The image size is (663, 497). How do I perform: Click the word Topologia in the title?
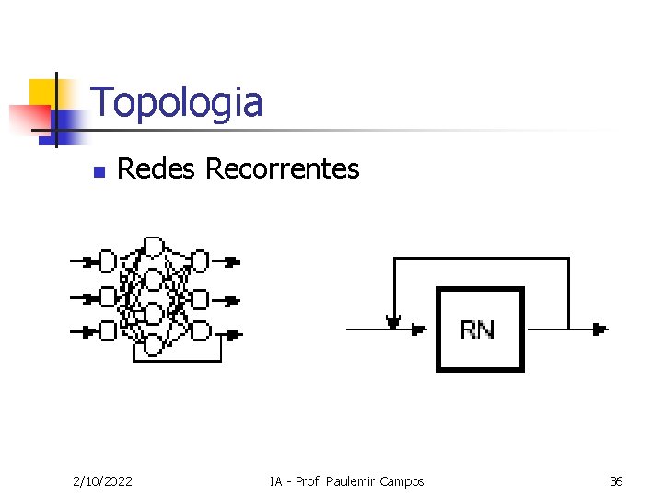pos(177,103)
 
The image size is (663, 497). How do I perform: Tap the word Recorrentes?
pos(282,169)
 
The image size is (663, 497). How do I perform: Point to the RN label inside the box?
pos(477,329)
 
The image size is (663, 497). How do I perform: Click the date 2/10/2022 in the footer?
pos(101,481)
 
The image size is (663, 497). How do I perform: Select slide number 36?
pos(616,481)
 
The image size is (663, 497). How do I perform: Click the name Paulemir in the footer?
pos(354,481)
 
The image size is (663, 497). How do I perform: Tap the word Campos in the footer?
pos(402,481)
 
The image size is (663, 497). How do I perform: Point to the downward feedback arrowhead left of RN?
pos(394,322)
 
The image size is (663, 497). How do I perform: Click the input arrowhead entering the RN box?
pos(419,329)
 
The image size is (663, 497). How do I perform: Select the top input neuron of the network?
pos(108,261)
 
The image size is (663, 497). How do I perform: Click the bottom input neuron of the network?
pos(108,330)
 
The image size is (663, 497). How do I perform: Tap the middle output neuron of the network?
pos(200,299)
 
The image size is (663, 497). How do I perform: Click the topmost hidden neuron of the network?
pos(154,246)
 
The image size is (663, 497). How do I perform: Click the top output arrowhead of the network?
pos(232,261)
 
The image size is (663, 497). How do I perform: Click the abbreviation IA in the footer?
pos(275,481)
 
